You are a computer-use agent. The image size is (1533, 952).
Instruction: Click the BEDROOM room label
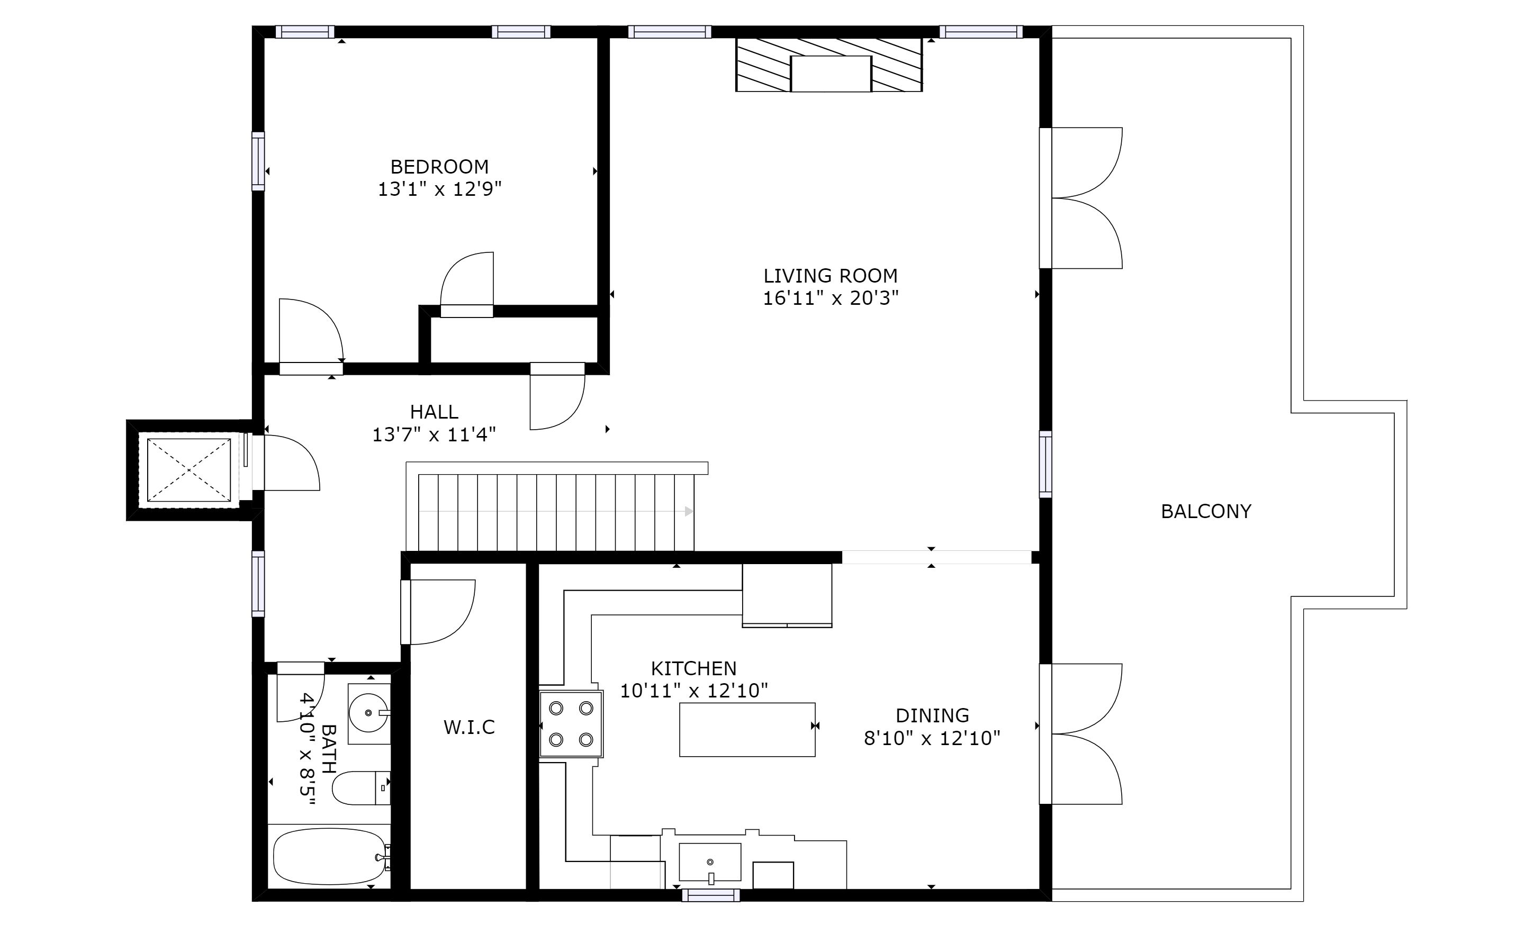tap(439, 167)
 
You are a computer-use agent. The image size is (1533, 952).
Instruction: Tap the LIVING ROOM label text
tap(831, 276)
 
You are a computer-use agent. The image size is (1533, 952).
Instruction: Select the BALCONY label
tap(1206, 511)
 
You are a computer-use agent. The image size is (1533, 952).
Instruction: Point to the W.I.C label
tap(469, 728)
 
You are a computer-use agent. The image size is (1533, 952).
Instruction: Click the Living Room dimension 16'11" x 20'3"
tap(831, 298)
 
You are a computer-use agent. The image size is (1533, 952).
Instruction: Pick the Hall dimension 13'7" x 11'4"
tap(434, 434)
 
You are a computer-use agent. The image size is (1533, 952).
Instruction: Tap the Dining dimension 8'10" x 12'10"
tap(932, 738)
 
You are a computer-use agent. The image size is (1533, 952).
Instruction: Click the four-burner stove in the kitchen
tap(571, 723)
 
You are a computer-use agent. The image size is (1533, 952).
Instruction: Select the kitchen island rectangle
tap(747, 730)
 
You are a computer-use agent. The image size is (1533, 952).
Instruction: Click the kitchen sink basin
tap(710, 862)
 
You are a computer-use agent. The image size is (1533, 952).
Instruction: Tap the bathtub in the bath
tap(330, 856)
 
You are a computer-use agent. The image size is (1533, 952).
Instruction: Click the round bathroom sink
tap(368, 713)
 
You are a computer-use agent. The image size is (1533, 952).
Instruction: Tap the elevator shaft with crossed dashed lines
tap(189, 470)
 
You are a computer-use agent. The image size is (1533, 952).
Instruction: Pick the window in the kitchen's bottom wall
tap(710, 895)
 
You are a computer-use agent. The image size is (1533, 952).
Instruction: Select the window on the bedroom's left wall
tap(258, 161)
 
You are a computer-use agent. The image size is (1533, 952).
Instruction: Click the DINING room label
tap(932, 715)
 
